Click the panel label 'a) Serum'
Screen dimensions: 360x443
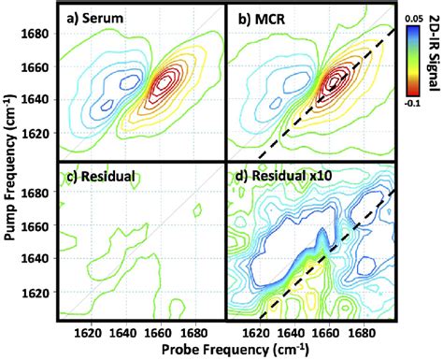[x=98, y=19]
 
